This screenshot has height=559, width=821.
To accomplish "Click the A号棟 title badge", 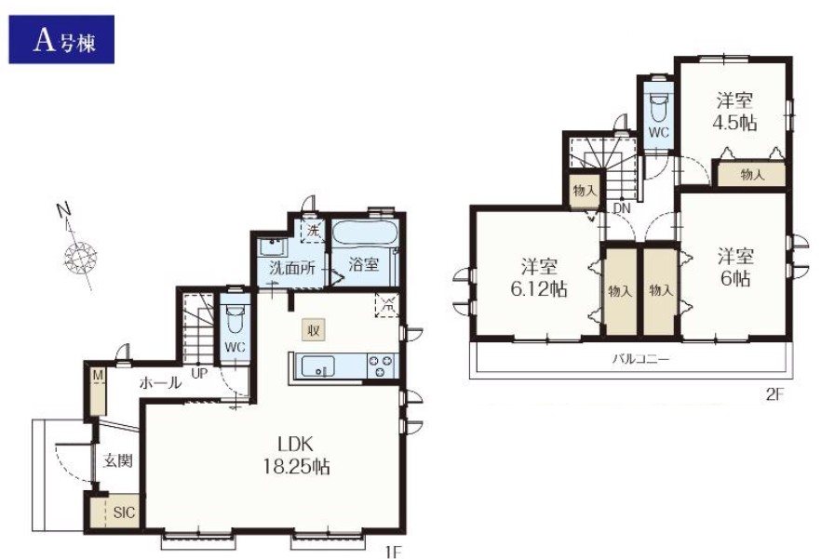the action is click(61, 40).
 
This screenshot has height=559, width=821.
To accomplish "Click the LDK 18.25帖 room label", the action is click(296, 455).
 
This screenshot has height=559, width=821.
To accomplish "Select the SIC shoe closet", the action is click(116, 512).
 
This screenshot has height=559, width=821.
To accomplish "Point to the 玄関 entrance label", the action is click(117, 461).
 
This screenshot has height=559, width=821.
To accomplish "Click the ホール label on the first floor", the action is click(160, 382).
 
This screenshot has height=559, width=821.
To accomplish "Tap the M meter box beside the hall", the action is click(98, 391).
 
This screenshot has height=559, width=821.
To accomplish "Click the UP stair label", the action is click(199, 373).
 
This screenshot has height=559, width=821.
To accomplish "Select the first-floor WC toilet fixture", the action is click(236, 319).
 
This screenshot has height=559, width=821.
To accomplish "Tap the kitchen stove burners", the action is click(382, 366).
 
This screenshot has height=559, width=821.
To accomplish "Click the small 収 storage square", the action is click(314, 330).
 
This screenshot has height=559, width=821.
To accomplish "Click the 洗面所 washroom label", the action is click(292, 269).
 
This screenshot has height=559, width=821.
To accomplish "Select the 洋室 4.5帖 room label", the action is click(734, 111).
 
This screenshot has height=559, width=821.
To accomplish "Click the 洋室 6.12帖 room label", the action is click(539, 277).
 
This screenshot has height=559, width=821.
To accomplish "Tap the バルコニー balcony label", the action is click(640, 359).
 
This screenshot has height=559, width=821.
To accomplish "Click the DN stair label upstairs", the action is click(622, 207).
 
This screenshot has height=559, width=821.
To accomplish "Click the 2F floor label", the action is click(774, 394).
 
